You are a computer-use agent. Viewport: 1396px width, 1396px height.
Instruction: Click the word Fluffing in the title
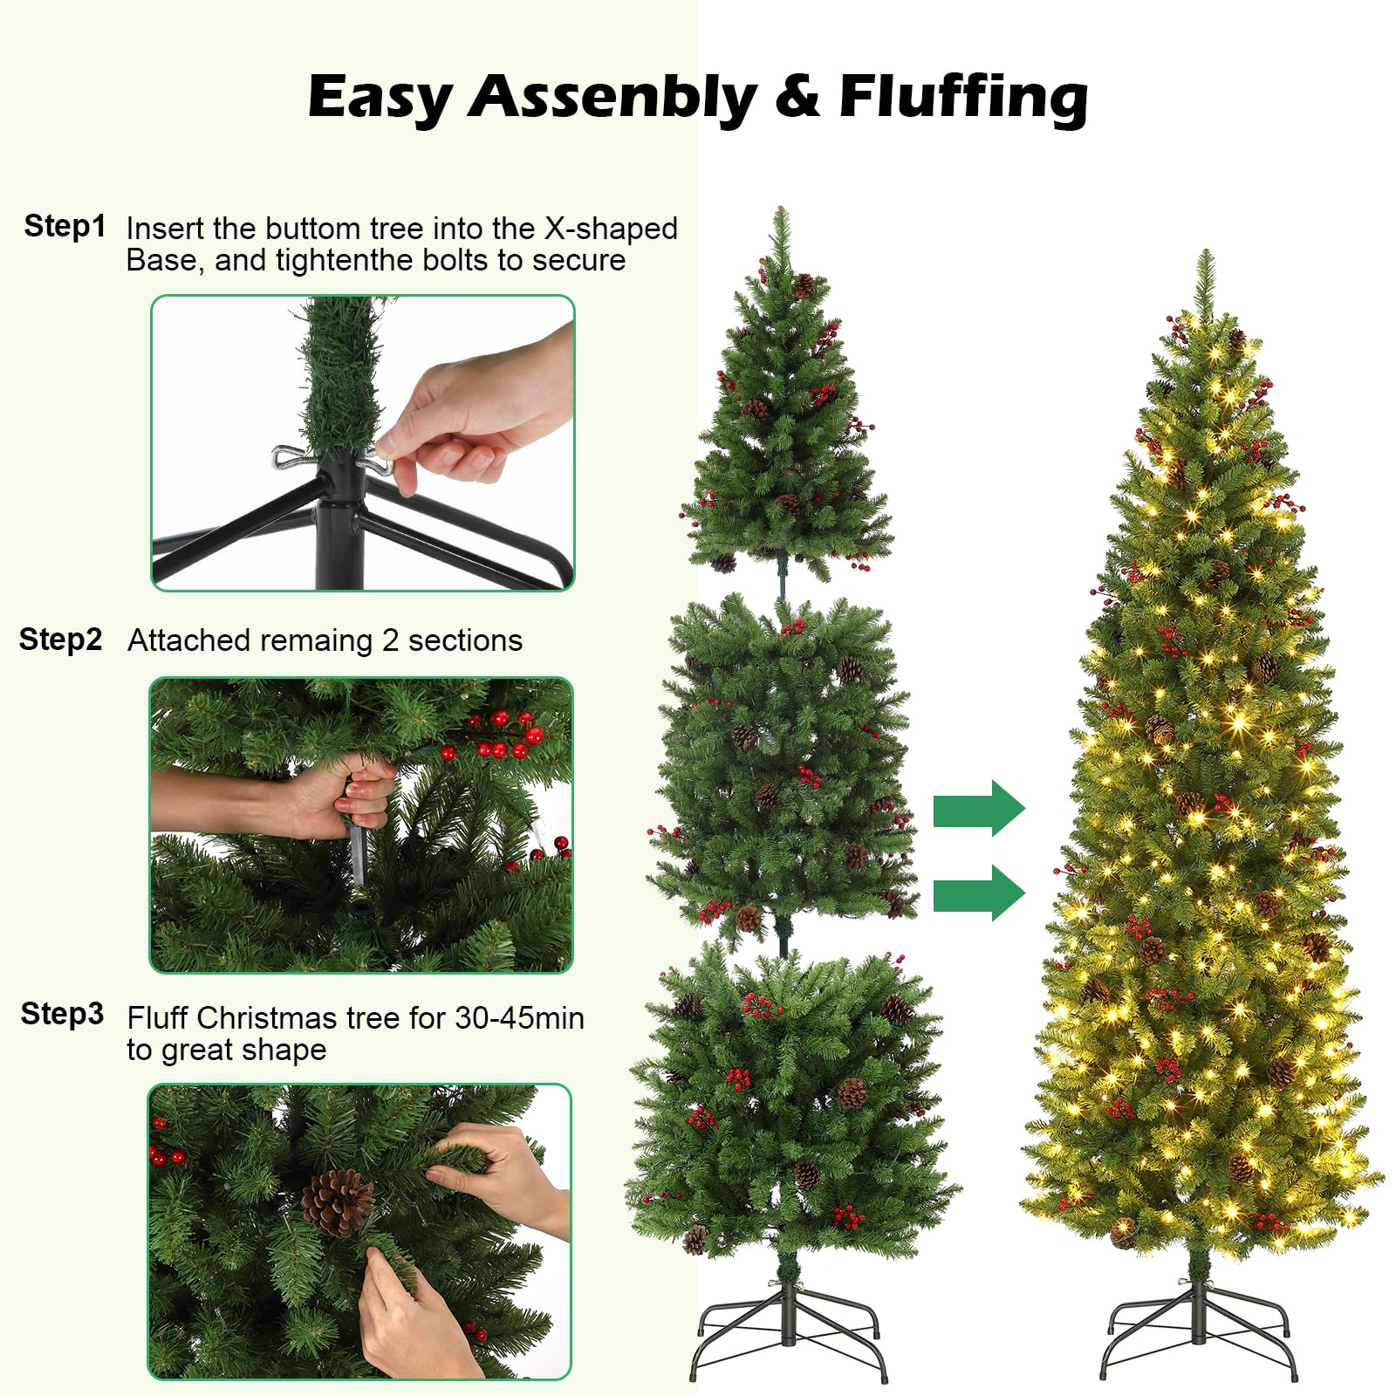[963, 98]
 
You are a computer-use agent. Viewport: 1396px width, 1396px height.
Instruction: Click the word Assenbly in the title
[612, 98]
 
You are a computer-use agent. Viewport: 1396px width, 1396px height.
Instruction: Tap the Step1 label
[65, 226]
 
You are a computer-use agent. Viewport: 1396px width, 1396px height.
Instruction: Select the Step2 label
[60, 640]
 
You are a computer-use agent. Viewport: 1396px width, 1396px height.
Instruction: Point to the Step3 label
[62, 1014]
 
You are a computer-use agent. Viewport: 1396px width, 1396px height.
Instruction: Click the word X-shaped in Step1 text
[611, 229]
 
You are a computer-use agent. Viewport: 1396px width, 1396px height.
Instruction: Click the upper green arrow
[979, 808]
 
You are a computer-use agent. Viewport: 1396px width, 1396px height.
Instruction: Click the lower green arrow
[979, 893]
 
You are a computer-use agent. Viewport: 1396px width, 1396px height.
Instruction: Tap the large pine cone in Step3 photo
[337, 1204]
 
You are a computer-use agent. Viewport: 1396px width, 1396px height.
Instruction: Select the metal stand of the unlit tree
[790, 1331]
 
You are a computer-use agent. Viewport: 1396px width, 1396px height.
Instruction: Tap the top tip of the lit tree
[1206, 250]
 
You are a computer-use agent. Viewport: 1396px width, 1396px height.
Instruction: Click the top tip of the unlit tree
[781, 208]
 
